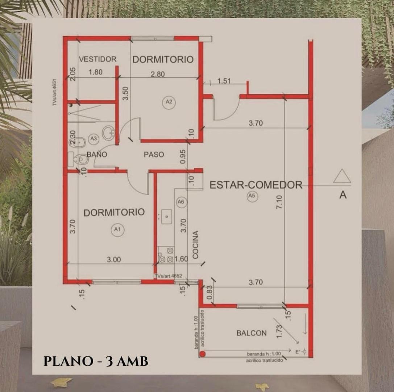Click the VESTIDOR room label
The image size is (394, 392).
click(x=98, y=59)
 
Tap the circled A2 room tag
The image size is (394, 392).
click(x=169, y=102)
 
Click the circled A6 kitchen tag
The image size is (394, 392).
click(x=181, y=202)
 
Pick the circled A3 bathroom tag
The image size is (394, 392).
click(x=94, y=138)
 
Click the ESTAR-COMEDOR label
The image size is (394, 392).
click(x=256, y=185)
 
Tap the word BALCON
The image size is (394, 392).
click(x=252, y=333)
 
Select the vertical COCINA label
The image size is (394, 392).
click(x=196, y=245)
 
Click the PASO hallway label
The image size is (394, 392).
click(x=154, y=155)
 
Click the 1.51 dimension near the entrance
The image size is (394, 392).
click(x=224, y=81)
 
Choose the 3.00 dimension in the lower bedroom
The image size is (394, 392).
click(x=114, y=260)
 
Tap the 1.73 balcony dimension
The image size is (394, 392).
click(x=279, y=331)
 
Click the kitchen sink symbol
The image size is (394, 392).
click(x=166, y=216)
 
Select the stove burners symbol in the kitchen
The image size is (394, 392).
click(x=166, y=255)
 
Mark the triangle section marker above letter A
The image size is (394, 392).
click(x=342, y=176)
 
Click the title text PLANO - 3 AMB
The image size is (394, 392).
click(x=96, y=361)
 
